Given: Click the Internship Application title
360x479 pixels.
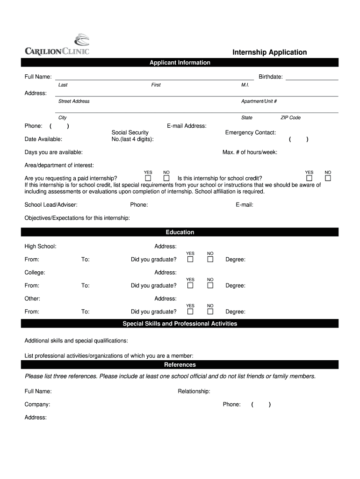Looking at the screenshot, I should (x=270, y=52).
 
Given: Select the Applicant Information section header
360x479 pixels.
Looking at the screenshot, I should (x=180, y=63).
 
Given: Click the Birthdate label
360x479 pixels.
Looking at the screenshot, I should (x=271, y=77).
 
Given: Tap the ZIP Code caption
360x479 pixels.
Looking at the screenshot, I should (x=290, y=118).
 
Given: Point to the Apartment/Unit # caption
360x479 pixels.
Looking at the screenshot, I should (x=259, y=102).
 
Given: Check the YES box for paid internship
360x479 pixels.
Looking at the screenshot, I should (x=148, y=178).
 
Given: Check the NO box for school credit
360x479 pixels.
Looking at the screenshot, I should (x=328, y=178).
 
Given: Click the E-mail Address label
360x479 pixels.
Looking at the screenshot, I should (x=187, y=126).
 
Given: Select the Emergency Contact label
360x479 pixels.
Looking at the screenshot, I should (x=251, y=133).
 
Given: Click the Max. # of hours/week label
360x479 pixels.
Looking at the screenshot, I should (x=250, y=152).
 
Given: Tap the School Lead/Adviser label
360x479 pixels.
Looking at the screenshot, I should (x=51, y=205).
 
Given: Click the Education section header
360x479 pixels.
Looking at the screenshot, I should (x=180, y=232).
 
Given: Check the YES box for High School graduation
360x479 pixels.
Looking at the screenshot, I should (x=190, y=260).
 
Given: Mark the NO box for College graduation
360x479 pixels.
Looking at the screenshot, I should (x=210, y=286).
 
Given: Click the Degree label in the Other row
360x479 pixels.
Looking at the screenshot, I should (x=235, y=312).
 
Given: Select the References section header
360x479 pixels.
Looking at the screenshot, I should (x=180, y=365).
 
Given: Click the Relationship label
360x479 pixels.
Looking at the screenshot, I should (x=194, y=392).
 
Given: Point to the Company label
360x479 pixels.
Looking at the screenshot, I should (x=37, y=405).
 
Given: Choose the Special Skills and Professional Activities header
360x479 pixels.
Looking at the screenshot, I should (x=180, y=324).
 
